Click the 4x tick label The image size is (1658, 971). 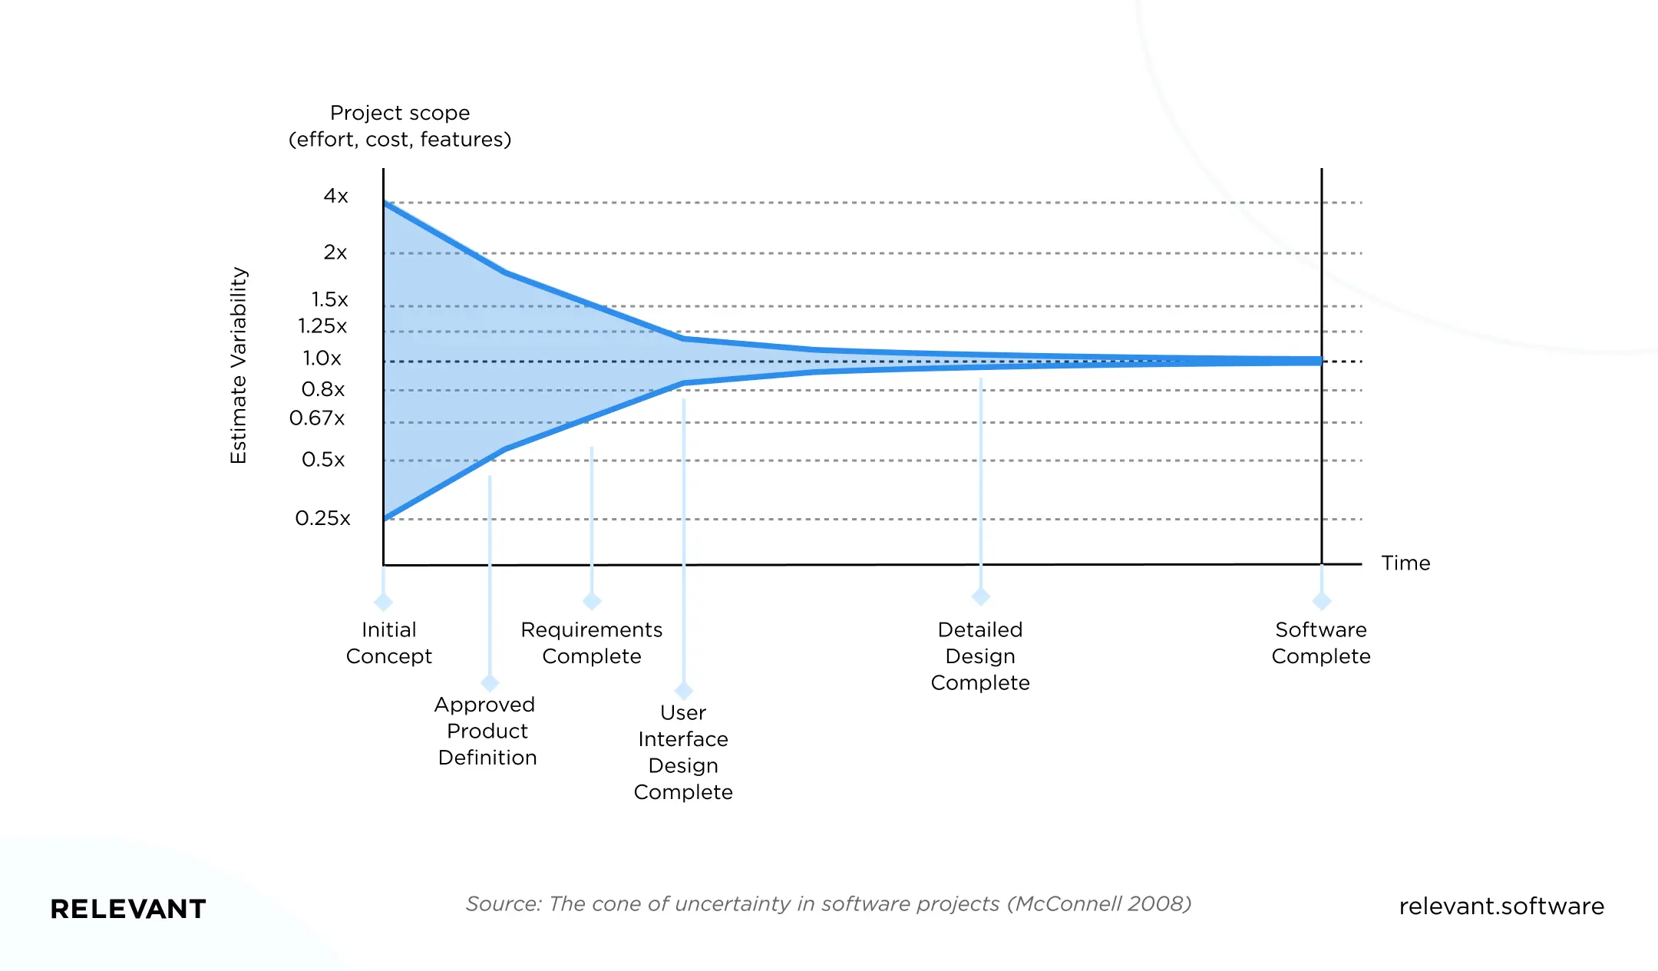pos(335,196)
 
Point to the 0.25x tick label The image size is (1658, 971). pos(322,518)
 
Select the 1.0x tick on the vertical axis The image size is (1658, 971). pos(322,358)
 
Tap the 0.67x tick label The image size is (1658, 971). pos(317,418)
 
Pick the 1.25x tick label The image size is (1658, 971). pos(322,325)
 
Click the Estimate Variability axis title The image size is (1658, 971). pos(239,365)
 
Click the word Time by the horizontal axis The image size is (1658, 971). pos(1405,563)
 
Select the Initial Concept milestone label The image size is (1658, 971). pos(389,642)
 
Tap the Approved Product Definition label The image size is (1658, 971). pos(487,731)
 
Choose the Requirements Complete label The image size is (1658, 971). pos(591,642)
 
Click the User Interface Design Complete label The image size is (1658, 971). pos(683,752)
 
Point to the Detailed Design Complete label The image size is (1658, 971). pos(980,656)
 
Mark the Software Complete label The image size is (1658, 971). pos(1321,642)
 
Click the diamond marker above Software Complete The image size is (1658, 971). pos(1322,600)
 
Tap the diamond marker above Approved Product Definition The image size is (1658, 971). pos(490,682)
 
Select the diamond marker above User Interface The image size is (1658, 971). pos(683,690)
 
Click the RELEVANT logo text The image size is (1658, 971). pos(128,909)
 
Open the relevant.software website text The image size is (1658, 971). pos(1501,907)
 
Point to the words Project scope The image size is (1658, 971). pos(400,113)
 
